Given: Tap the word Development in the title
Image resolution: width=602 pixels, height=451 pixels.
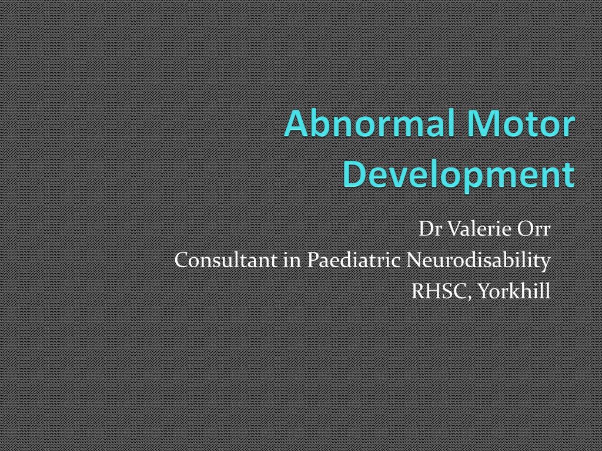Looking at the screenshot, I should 459,174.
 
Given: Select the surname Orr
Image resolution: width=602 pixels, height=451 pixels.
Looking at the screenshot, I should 534,229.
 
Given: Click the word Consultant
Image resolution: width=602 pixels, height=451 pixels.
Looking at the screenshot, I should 226,260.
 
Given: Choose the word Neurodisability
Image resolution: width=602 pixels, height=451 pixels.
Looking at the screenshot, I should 479,260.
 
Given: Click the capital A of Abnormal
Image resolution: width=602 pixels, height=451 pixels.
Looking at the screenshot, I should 296,126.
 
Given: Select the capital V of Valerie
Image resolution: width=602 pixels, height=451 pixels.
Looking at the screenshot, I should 453,229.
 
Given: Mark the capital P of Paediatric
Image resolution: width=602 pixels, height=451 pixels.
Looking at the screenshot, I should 315,260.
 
